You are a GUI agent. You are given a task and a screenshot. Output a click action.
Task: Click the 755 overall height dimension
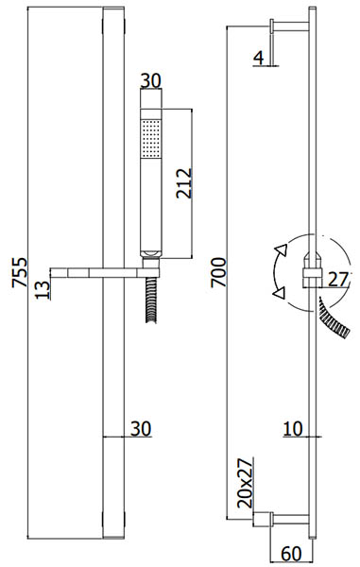pyautogui.click(x=20, y=272)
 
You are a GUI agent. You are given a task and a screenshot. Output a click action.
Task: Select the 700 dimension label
pyautogui.click(x=218, y=272)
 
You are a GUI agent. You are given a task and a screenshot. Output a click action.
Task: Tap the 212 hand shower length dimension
pyautogui.click(x=184, y=183)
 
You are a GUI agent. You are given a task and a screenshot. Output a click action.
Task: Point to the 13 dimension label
pyautogui.click(x=43, y=290)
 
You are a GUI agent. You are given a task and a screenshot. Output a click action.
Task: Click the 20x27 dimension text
pyautogui.click(x=246, y=483)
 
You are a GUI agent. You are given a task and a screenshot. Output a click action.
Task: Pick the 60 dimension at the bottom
pyautogui.click(x=292, y=554)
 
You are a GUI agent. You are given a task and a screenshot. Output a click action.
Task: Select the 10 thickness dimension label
pyautogui.click(x=293, y=429)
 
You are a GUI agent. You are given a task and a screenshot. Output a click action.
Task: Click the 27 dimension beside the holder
pyautogui.click(x=338, y=279)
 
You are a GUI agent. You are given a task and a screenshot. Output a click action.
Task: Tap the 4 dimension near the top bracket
pyautogui.click(x=259, y=58)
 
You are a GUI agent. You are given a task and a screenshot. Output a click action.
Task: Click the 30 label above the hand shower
pyautogui.click(x=151, y=80)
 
